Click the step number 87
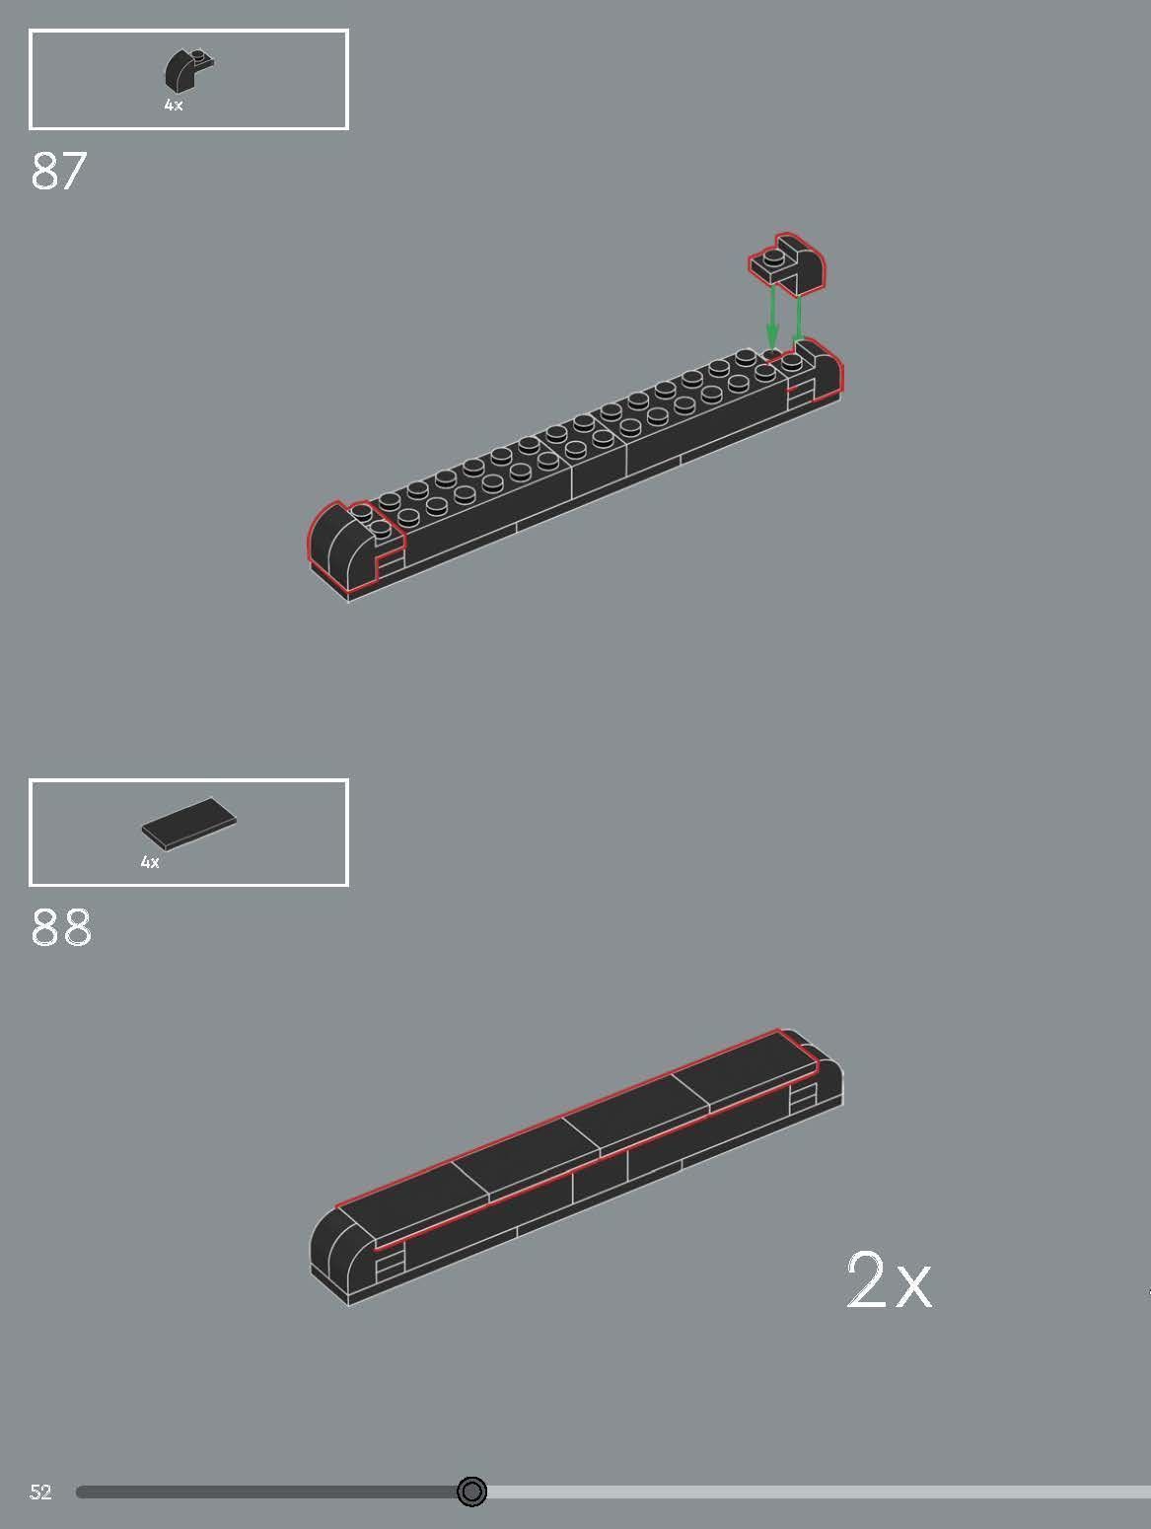tap(59, 172)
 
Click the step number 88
tap(61, 928)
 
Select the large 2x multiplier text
tap(888, 1281)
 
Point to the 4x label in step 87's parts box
tap(174, 105)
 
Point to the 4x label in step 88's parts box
tap(150, 862)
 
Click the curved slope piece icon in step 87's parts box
tap(187, 69)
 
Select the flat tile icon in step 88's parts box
tap(188, 823)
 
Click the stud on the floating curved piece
tap(774, 258)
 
